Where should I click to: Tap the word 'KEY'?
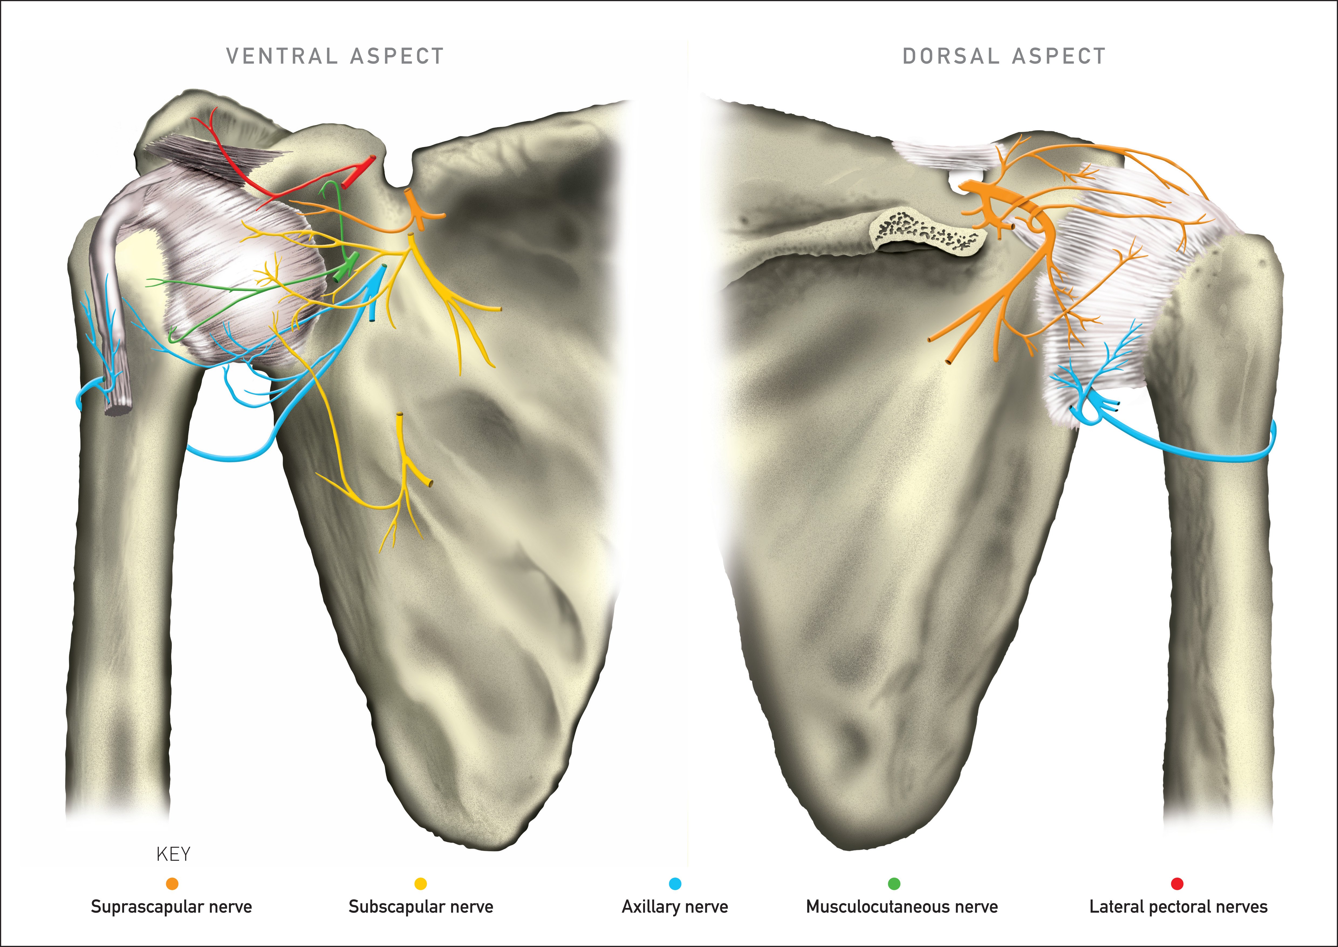(x=173, y=854)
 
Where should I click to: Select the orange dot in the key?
(x=172, y=884)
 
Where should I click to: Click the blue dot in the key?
(x=675, y=884)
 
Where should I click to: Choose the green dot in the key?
(x=894, y=884)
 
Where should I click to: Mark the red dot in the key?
(x=1177, y=884)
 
